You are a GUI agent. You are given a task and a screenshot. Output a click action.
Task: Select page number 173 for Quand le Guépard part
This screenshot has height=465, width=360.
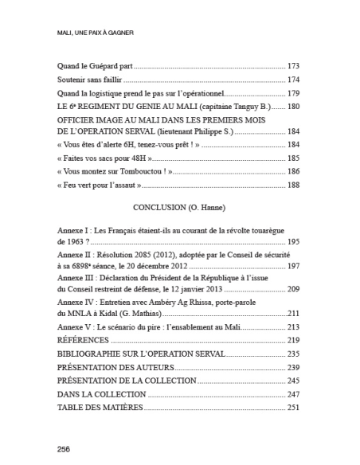[x=292, y=65]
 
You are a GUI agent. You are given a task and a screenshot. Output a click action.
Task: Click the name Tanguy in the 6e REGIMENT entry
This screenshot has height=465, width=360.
[x=242, y=106]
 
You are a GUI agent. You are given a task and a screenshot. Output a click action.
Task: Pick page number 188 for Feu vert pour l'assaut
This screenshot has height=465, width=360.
[x=292, y=186]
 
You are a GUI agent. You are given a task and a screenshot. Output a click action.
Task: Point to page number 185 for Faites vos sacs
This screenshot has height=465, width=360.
[x=292, y=158]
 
